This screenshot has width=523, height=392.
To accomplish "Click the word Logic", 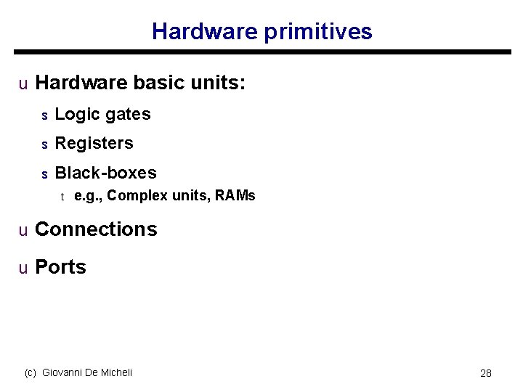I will coord(76,115).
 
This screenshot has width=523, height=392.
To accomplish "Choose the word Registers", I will coord(94,144).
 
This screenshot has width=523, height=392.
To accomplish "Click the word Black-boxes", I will coord(105,173).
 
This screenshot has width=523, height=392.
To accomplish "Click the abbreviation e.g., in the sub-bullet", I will coord(89,196).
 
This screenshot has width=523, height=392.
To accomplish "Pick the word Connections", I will coord(96,229).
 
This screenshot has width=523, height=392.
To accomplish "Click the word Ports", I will coord(60,267).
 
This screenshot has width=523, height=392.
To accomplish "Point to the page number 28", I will coord(486,373).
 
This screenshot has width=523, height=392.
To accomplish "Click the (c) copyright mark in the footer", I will coord(31,372).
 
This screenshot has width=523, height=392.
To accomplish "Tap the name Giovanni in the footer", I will coord(65,372).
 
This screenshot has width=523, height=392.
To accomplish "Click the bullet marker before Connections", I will coord(23,231).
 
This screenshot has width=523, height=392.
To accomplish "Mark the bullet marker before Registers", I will coord(44,144).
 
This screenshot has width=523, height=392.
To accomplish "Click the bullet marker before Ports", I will coord(23,269).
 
